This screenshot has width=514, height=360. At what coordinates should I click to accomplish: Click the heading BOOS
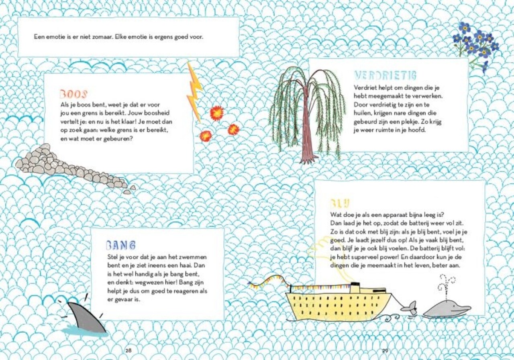tap(73, 94)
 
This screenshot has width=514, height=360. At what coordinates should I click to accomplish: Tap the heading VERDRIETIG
tap(385, 75)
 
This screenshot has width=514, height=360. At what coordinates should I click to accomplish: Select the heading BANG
tap(121, 245)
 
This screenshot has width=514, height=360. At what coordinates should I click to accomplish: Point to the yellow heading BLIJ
tap(340, 203)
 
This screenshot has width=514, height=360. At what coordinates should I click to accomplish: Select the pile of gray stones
tap(69, 169)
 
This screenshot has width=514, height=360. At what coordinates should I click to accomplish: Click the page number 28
tap(128, 351)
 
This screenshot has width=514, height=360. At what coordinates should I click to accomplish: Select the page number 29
tap(385, 351)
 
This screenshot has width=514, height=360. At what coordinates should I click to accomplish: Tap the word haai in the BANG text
tap(183, 266)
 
